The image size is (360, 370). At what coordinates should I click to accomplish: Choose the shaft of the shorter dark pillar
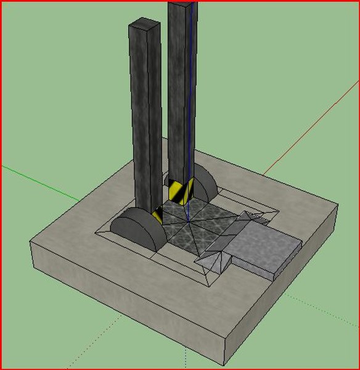(x=145, y=123)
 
